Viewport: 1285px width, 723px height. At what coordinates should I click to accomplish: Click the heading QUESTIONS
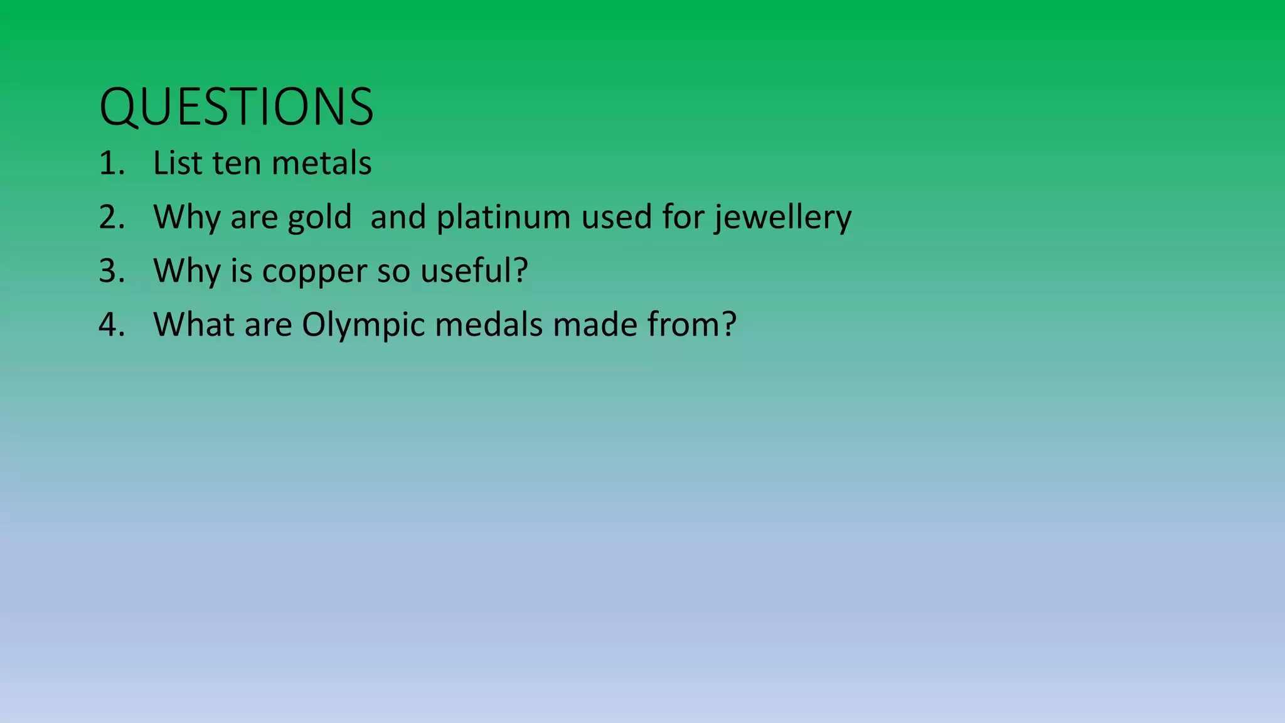pos(237,107)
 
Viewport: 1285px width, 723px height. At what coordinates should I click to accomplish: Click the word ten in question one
pos(236,163)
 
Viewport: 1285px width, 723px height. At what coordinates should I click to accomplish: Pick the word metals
pos(321,163)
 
